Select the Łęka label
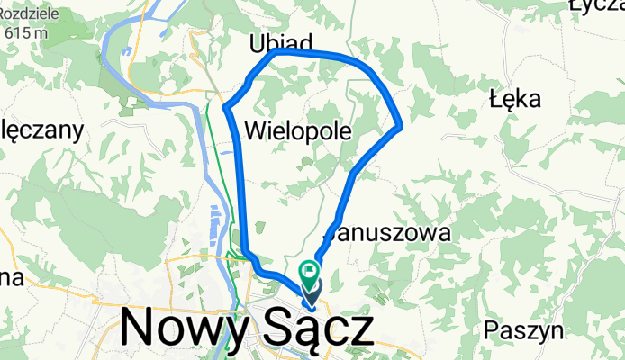pos(512,97)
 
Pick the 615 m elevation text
pos(27,32)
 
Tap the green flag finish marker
pos(311,268)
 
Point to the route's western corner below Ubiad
pos(225,109)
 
